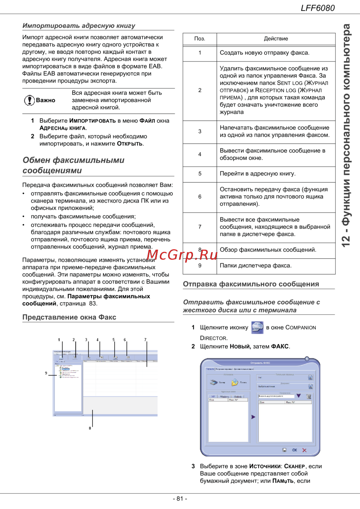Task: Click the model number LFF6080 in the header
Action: click(x=318, y=8)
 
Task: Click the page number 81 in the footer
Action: click(x=180, y=499)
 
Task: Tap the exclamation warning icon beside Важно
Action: click(x=29, y=100)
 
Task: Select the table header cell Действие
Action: click(x=276, y=39)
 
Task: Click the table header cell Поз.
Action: click(x=200, y=39)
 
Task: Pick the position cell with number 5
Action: click(x=200, y=174)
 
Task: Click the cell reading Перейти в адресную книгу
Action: click(x=258, y=174)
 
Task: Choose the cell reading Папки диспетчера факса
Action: click(x=256, y=266)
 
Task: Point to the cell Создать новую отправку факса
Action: click(x=265, y=53)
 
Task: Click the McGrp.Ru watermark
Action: click(x=182, y=255)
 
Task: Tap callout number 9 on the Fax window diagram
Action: click(x=46, y=373)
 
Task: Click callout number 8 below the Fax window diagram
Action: click(x=90, y=428)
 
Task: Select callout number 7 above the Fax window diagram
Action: click(x=145, y=340)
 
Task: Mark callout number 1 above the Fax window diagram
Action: click(x=59, y=340)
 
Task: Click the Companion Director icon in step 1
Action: click(x=257, y=327)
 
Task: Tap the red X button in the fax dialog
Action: click(x=305, y=450)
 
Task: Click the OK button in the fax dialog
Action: click(x=294, y=450)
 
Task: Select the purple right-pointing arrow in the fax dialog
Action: click(x=253, y=417)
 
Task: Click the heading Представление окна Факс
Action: click(x=69, y=317)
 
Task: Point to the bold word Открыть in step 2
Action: click(x=130, y=144)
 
